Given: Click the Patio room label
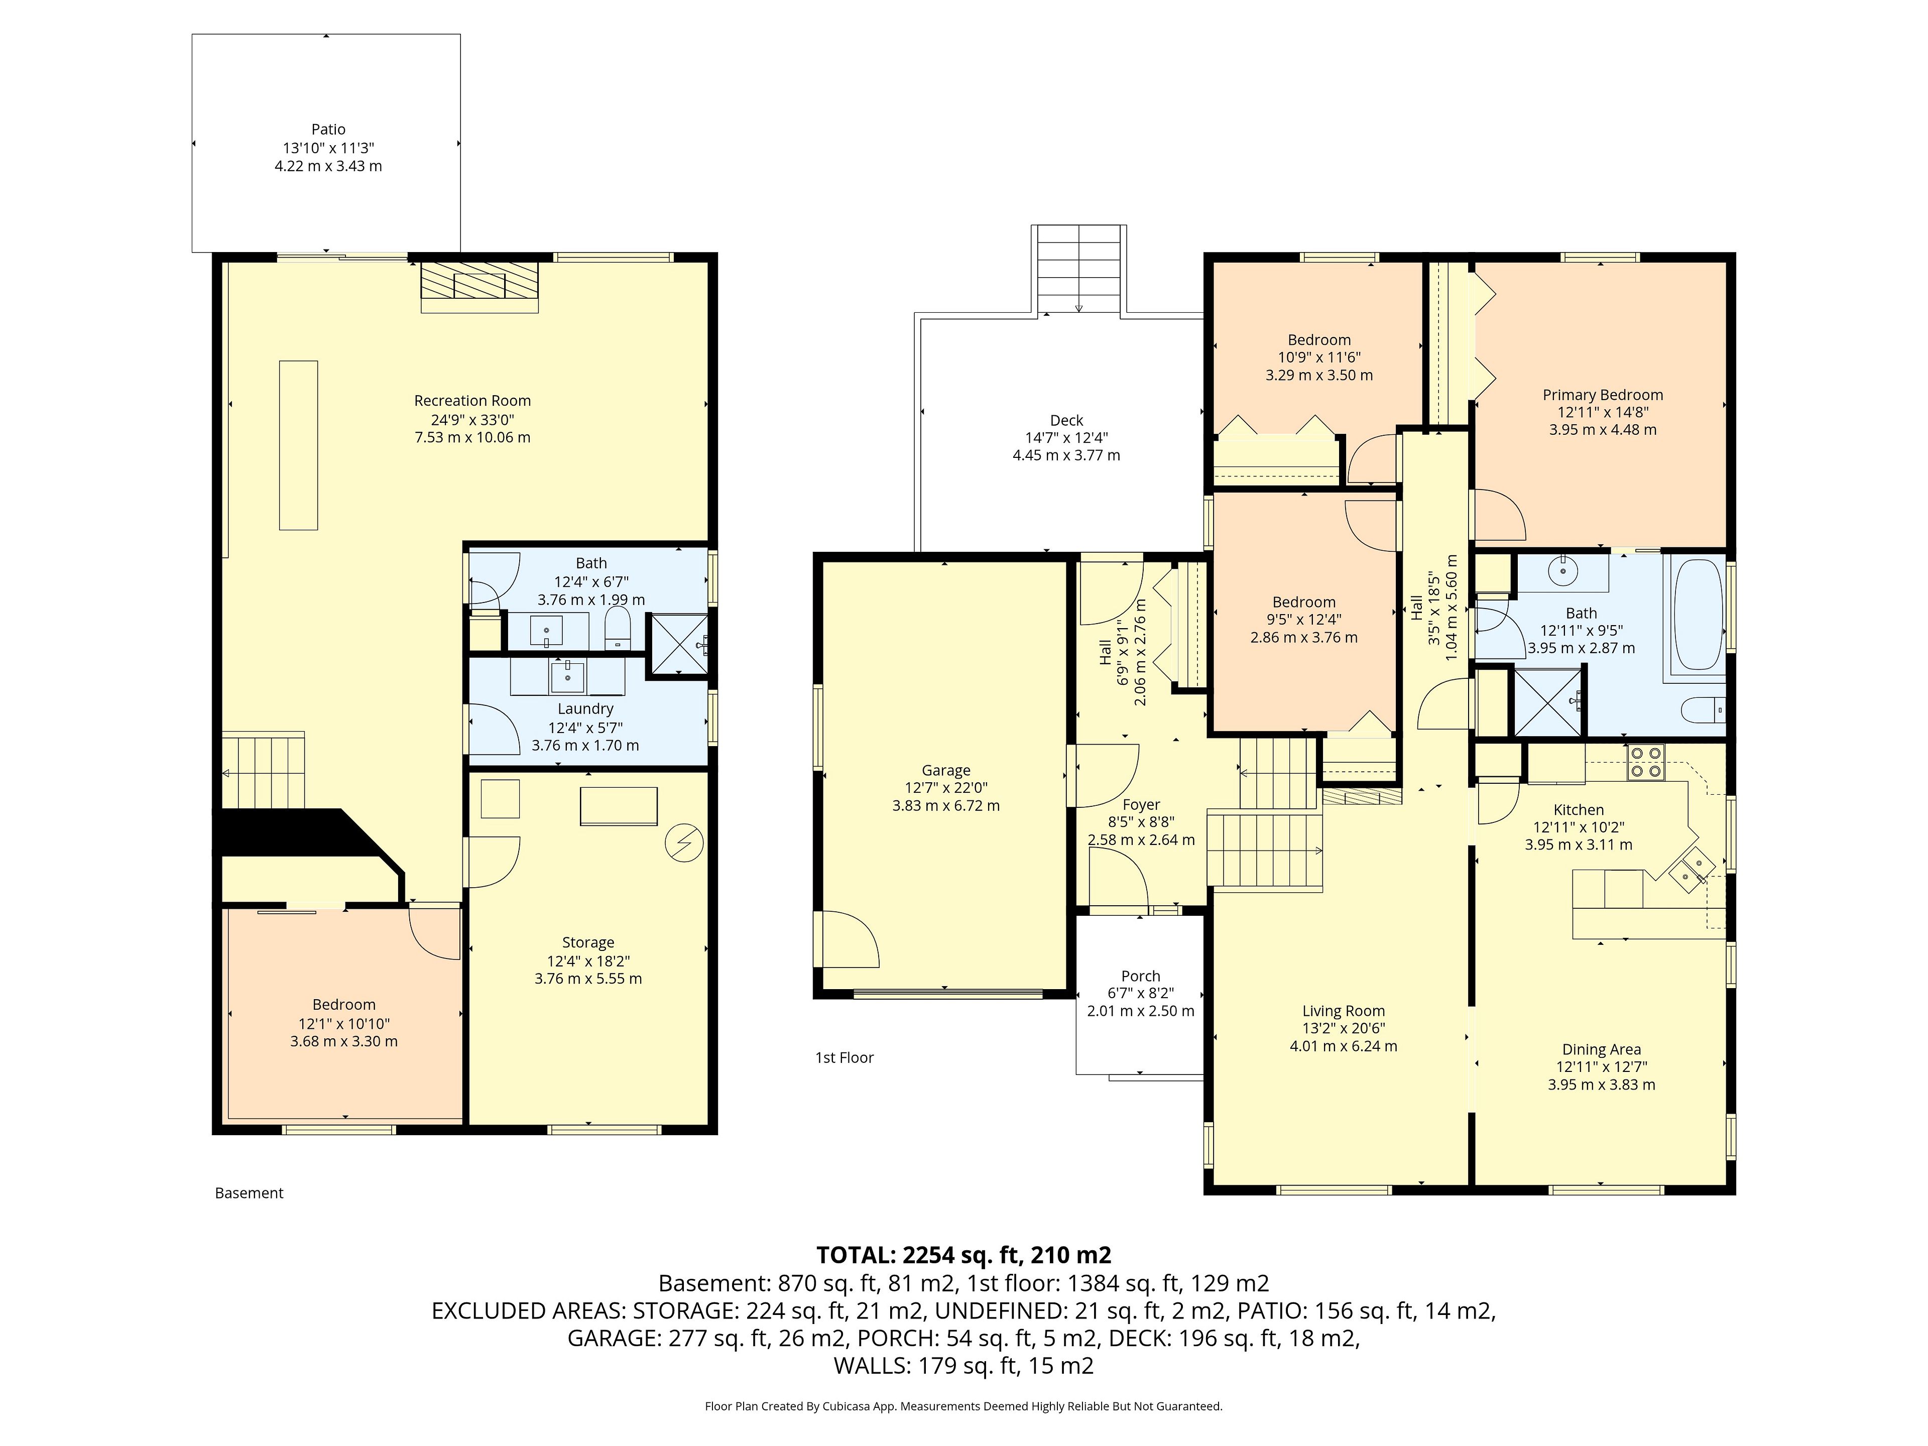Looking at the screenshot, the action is [328, 129].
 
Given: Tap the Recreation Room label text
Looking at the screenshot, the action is [472, 401].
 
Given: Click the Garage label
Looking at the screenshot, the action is [946, 771].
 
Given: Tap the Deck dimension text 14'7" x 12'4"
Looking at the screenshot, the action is [1066, 437].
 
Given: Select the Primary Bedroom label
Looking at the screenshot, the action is [1603, 395].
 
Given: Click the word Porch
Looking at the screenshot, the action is [1141, 976].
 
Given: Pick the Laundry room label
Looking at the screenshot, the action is [586, 708].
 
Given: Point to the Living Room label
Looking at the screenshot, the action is [1343, 1011].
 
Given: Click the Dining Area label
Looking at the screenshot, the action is [1601, 1049].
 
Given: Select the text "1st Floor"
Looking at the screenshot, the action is [843, 1057].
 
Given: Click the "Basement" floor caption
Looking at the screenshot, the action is [249, 1193].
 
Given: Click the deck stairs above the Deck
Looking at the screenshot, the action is [1079, 269].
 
